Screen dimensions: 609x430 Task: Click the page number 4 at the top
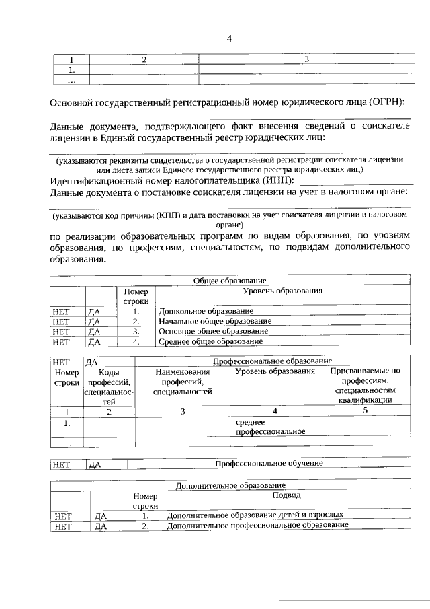coord(229,38)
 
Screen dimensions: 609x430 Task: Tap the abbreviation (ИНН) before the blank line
coord(274,181)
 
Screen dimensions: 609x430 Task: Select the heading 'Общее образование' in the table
coord(230,280)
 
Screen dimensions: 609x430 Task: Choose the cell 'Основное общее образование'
coord(213,331)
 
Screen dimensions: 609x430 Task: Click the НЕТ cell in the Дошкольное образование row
coord(61,311)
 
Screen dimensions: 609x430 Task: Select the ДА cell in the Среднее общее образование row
coord(94,341)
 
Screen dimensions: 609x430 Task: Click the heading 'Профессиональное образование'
coord(272,361)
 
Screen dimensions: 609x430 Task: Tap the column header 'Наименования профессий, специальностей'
coord(182,381)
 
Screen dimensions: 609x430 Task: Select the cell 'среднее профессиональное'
coord(270,427)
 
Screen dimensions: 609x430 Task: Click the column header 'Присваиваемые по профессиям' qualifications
coord(365,386)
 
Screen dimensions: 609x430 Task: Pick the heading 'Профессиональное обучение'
coord(269,464)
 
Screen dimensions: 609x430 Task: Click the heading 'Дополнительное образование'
coord(230,485)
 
